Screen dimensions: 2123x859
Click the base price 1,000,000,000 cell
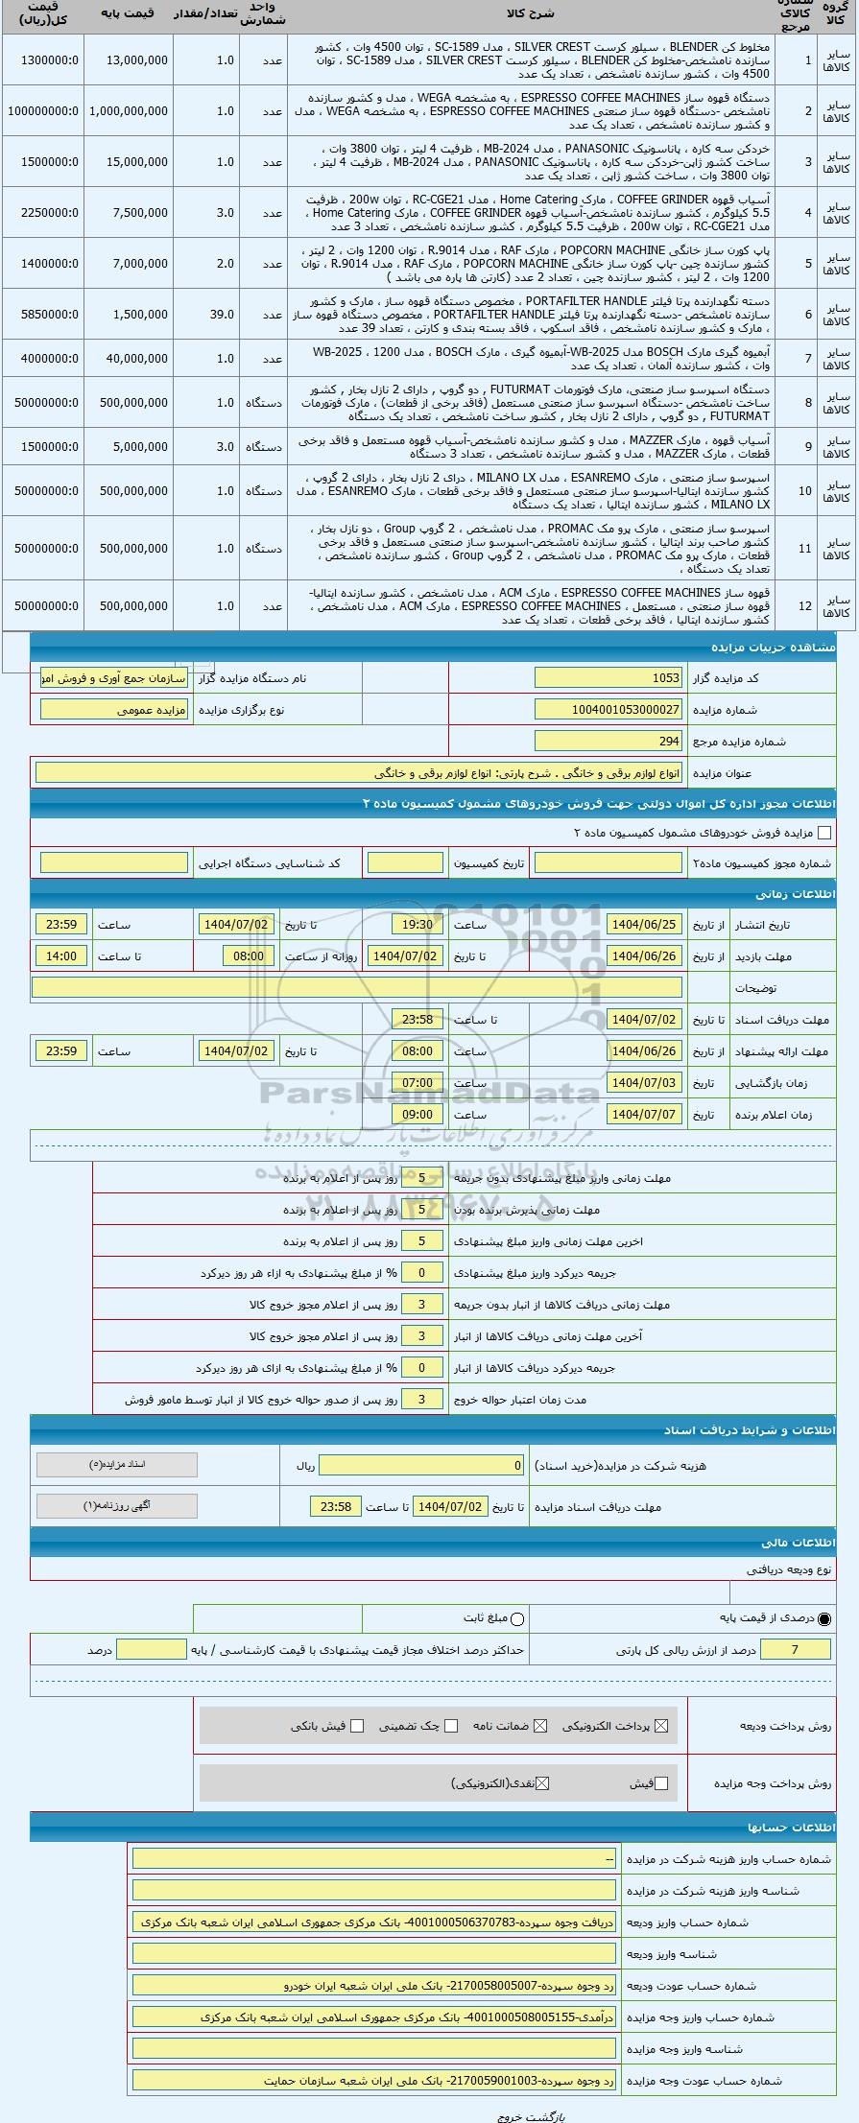(128, 111)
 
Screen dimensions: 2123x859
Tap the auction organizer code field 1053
(608, 678)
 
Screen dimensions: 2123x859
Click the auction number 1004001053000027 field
(608, 710)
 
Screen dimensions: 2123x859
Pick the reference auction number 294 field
(608, 742)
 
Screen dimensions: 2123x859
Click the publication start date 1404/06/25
(644, 925)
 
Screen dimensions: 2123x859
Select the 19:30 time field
(418, 925)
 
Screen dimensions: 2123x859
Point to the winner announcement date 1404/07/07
(644, 1115)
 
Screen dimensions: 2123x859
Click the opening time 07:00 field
(418, 1083)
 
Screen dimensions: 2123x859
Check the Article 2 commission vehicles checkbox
(823, 833)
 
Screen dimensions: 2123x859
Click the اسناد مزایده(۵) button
(117, 1465)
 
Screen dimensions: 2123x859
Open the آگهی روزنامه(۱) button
(117, 1505)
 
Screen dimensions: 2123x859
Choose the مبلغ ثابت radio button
(518, 1618)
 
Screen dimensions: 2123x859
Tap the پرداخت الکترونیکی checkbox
(660, 1726)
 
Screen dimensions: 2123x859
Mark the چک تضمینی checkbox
(451, 1726)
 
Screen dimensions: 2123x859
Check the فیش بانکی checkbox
(357, 1726)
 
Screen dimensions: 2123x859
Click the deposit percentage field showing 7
(796, 1650)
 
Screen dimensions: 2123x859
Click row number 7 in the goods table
(807, 358)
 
